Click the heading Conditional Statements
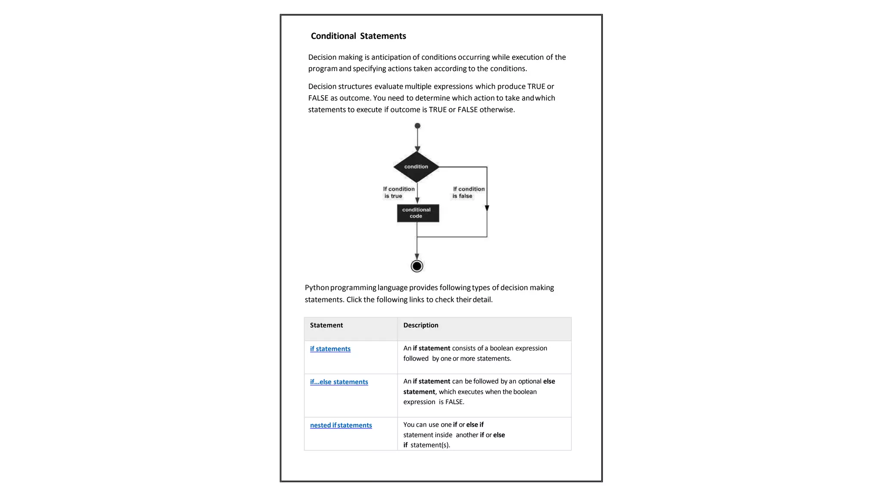click(358, 36)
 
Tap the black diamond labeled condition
click(416, 167)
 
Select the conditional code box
click(418, 213)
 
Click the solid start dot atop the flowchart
click(417, 126)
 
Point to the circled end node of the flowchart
click(417, 266)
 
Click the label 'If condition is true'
click(399, 192)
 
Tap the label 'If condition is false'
click(468, 192)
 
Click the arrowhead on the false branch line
click(487, 208)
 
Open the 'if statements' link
click(330, 349)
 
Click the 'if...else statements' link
click(339, 382)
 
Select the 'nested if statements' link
click(341, 425)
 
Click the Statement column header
click(326, 325)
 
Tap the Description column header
click(421, 325)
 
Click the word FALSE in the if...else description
click(454, 402)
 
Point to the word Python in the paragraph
click(317, 288)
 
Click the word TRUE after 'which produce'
click(536, 87)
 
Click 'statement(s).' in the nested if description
click(430, 445)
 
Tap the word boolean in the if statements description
click(502, 348)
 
